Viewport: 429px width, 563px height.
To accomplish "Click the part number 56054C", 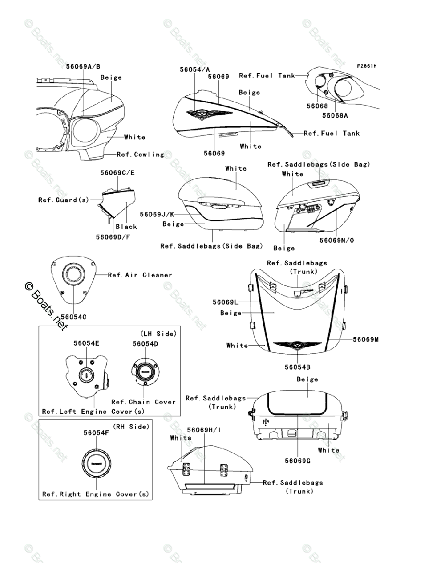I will coord(73,317).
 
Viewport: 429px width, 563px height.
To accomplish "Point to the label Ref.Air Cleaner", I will coord(140,275).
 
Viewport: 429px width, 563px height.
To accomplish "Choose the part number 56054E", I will coord(86,343).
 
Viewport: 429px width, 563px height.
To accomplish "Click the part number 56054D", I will coord(145,344).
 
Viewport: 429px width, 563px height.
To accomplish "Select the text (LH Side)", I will coord(158,334).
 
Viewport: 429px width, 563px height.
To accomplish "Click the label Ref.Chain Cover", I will coord(143,402).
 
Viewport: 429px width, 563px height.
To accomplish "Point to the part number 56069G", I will coord(297,461).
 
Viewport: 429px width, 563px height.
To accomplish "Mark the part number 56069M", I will coord(366,339).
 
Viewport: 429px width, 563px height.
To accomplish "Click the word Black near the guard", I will coord(126,226).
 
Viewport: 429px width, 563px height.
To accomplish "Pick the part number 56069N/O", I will coord(337,240).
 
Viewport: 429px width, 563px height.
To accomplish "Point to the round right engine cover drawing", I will coord(96,464).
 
